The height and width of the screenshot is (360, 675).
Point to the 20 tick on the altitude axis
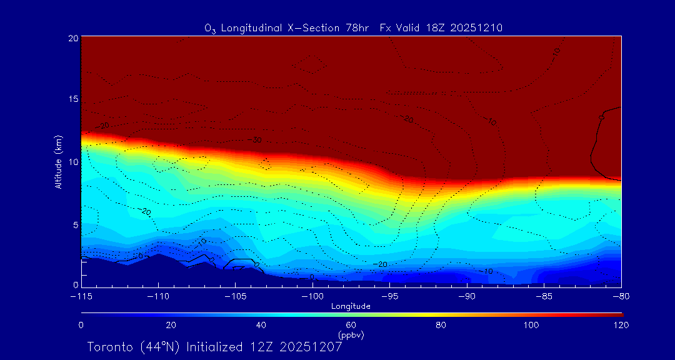coord(72,38)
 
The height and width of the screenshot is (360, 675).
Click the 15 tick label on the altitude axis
coord(72,99)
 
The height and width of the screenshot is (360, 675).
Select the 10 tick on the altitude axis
coord(72,162)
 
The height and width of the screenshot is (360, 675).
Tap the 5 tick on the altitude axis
coord(74,224)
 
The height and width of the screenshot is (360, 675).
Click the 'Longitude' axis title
coord(351,306)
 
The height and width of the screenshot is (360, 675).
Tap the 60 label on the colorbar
coord(351,325)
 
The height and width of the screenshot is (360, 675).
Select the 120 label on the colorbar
coord(621,325)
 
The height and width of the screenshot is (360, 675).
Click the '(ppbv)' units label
coord(351,335)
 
